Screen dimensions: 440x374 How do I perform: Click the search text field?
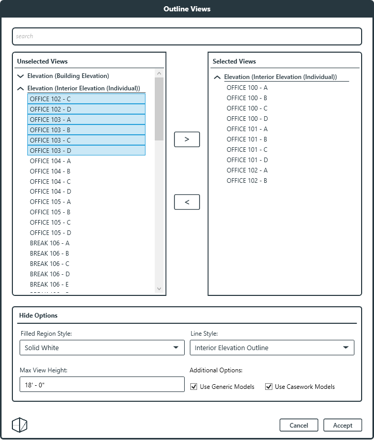[187, 36]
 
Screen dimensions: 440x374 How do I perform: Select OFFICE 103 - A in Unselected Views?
[51, 119]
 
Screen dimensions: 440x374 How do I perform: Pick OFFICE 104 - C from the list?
[51, 181]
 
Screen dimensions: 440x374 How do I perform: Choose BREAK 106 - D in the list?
[50, 274]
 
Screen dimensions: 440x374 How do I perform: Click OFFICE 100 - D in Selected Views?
[247, 118]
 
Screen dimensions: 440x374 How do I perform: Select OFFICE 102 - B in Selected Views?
[247, 180]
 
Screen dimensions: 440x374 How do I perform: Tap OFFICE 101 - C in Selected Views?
[247, 149]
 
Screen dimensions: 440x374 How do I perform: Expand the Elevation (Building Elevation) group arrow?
[21, 76]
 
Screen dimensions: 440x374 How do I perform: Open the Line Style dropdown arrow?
[346, 348]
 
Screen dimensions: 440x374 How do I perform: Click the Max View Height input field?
[102, 384]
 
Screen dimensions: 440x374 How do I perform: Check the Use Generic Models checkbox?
[194, 386]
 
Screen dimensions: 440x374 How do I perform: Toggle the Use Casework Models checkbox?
[269, 386]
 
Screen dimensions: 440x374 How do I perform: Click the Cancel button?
[299, 425]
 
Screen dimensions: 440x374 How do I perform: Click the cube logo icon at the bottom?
[20, 425]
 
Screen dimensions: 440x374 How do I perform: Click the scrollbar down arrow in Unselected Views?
[159, 288]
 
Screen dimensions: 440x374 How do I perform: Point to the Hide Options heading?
[38, 315]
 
